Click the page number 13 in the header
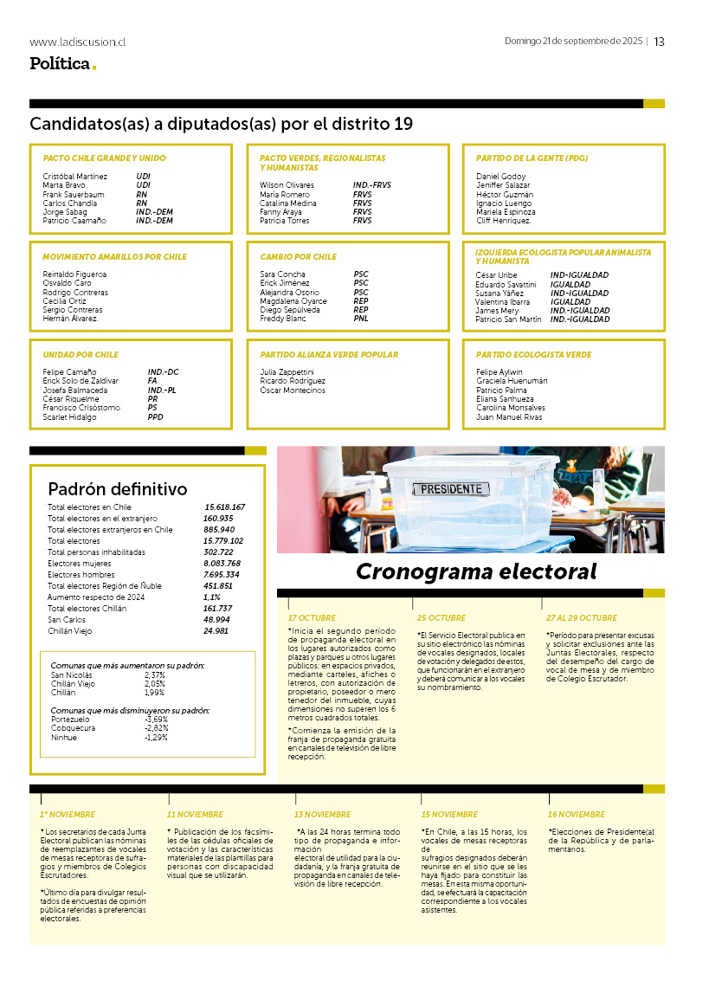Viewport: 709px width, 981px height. click(659, 42)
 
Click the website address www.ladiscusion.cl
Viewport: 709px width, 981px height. click(77, 42)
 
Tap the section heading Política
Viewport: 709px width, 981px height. click(60, 63)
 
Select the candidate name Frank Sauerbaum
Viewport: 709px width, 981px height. click(74, 194)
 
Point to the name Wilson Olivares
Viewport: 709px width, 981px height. click(287, 185)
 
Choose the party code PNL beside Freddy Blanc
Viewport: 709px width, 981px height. click(361, 319)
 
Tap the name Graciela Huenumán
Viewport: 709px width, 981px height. click(512, 381)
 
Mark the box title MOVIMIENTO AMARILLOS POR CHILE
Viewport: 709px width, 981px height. click(114, 257)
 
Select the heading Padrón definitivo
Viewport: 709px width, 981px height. click(118, 489)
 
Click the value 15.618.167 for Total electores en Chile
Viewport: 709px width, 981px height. click(225, 507)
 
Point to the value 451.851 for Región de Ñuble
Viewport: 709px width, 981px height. click(220, 586)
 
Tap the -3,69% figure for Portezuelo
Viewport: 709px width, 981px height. click(157, 720)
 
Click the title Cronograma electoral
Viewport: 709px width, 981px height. click(476, 571)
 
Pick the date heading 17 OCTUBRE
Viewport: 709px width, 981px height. click(312, 618)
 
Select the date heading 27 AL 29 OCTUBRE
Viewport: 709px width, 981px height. click(581, 618)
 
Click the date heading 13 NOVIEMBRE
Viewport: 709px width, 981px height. click(322, 815)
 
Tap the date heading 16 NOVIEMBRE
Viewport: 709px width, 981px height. click(577, 815)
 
